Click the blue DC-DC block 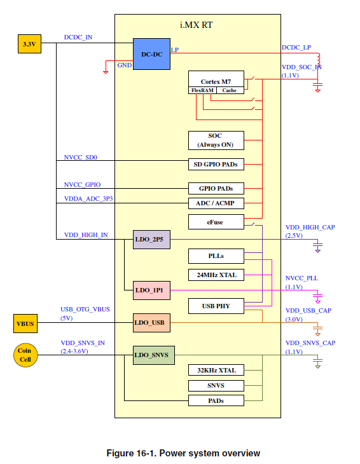tap(152, 54)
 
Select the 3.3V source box tap(29, 44)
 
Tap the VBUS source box tap(25, 324)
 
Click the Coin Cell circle tap(24, 355)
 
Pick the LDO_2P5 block tap(151, 240)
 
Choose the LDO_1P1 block tap(151, 290)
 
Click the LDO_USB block tap(151, 322)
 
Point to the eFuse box tap(216, 222)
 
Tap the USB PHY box tap(216, 306)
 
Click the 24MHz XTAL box tap(216, 275)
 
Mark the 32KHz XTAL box tap(216, 370)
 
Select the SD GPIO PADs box tap(216, 164)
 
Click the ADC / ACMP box tap(216, 203)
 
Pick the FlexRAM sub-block tap(203, 90)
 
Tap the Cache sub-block tap(229, 90)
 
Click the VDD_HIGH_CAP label tap(310, 227)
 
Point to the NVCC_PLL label tap(302, 278)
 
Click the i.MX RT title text tap(197, 25)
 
